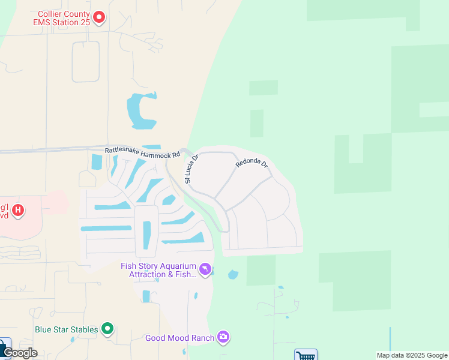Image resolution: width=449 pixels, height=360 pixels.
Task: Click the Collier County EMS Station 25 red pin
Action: [x=99, y=17]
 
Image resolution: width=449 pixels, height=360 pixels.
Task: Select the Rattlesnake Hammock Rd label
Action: [x=142, y=154]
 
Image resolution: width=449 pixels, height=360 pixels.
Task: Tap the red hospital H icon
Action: [x=19, y=210]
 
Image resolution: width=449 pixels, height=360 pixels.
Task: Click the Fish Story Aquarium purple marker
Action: [x=205, y=269]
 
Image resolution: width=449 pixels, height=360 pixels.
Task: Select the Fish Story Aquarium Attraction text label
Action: [x=158, y=270]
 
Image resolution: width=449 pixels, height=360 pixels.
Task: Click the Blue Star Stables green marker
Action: [x=107, y=328]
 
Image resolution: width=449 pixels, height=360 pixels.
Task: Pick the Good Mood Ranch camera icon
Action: [x=223, y=337]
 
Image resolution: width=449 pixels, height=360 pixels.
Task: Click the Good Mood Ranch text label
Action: [x=179, y=338]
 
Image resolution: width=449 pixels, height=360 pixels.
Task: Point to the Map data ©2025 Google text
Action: [x=412, y=355]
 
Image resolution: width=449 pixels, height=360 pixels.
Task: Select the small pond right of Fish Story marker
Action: [x=233, y=275]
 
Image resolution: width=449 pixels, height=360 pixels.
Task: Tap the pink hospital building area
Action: [x=54, y=203]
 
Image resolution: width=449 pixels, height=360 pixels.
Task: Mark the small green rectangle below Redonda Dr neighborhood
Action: [x=261, y=270]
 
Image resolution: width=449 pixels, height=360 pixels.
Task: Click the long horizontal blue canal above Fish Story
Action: [x=106, y=228]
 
